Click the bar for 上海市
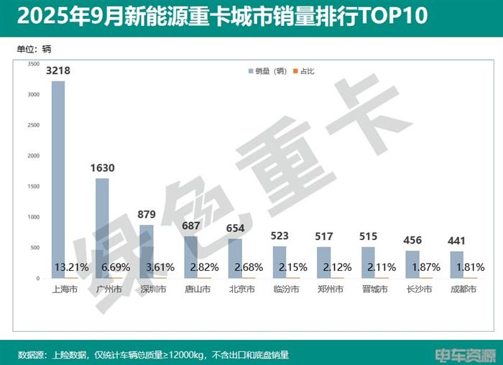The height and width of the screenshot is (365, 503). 58,180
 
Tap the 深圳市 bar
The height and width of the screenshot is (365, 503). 147,251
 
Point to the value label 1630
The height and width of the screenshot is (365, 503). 102,168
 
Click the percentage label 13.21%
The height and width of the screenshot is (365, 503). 72,267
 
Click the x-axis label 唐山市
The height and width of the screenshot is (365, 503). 196,290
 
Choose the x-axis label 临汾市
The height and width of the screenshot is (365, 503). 285,290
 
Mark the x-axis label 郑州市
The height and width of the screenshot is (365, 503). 329,290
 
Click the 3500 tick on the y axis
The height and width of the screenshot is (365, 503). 33,64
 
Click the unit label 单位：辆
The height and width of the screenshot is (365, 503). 34,49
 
